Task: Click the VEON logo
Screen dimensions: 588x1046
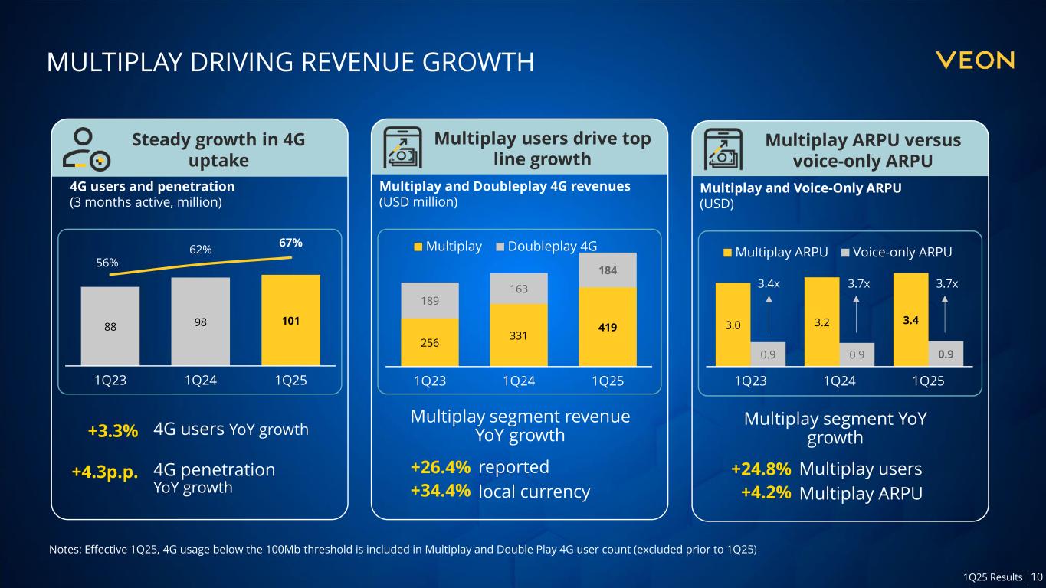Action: click(975, 60)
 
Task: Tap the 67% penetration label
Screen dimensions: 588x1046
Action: click(290, 243)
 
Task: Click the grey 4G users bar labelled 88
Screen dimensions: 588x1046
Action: click(110, 326)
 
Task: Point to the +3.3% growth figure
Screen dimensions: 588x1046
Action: click(113, 431)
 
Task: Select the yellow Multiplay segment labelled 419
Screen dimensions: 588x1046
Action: click(608, 327)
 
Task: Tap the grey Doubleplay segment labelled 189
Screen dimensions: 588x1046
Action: click(430, 300)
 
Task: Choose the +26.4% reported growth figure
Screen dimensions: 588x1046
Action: click(440, 467)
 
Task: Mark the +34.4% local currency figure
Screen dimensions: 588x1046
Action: click(440, 492)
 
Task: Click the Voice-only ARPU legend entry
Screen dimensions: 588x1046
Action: click(896, 253)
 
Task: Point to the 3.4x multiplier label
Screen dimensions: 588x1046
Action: click(769, 284)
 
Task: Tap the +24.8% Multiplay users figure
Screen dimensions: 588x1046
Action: click(761, 469)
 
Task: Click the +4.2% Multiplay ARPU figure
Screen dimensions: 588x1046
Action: click(766, 493)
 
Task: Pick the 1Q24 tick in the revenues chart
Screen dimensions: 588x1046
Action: click(519, 381)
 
